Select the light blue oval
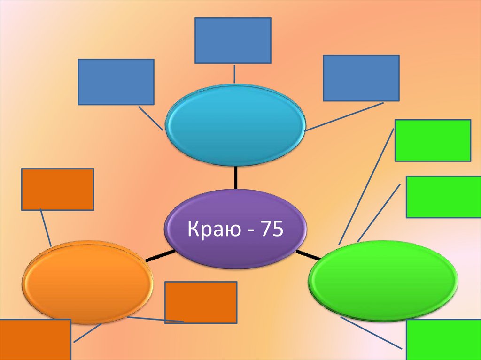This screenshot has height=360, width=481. click(x=235, y=125)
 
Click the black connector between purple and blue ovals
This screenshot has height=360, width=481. click(x=235, y=177)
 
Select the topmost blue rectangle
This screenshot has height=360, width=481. click(x=233, y=40)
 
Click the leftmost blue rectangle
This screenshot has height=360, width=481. click(x=116, y=82)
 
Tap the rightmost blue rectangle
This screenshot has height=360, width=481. click(x=361, y=78)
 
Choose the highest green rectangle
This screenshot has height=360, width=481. click(x=433, y=140)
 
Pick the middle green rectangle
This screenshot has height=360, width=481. click(x=443, y=197)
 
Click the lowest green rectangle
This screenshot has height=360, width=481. click(x=443, y=339)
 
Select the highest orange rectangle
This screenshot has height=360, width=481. click(x=57, y=189)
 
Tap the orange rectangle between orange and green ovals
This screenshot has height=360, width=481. click(x=201, y=302)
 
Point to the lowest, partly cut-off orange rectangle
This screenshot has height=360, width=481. click(x=35, y=339)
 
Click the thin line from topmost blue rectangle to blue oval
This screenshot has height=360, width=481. click(x=234, y=74)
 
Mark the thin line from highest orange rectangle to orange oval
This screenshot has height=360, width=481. click(x=46, y=228)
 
